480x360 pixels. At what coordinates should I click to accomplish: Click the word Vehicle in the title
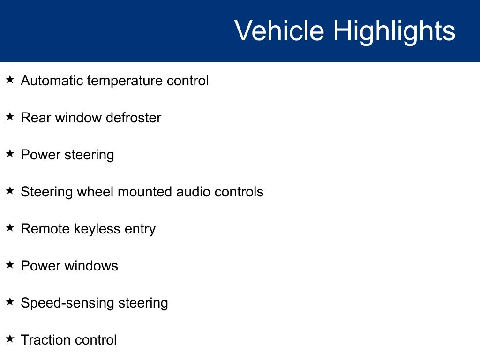(279, 30)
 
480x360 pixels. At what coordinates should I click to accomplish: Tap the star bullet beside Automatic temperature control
(10, 79)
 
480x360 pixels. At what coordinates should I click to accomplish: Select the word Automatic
(52, 81)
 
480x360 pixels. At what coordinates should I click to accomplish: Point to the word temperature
(125, 82)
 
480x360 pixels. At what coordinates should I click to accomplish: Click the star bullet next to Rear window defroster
(10, 116)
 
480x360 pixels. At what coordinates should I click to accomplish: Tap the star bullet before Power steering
(10, 153)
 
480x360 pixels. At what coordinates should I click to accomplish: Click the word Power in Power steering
(41, 155)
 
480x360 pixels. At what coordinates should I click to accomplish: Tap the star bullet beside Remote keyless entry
(10, 227)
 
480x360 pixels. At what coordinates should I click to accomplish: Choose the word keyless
(97, 229)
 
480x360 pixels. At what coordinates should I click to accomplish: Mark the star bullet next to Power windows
(10, 264)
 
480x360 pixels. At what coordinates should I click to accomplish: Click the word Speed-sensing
(67, 303)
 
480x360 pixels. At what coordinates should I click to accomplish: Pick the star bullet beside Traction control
(10, 338)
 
